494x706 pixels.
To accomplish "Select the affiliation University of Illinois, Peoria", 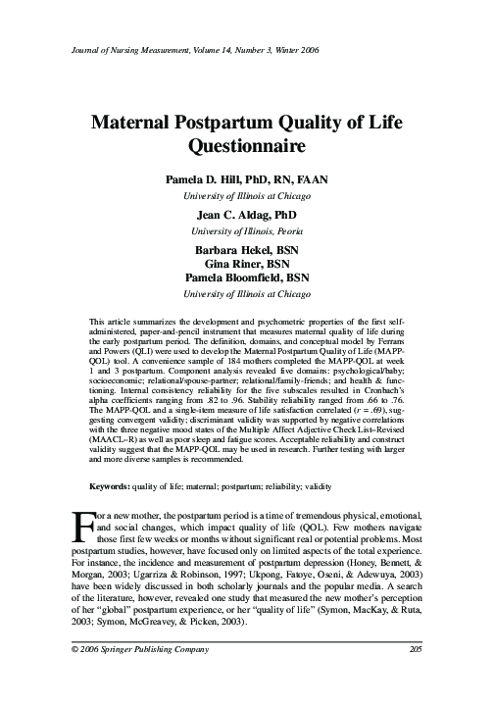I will (246, 230).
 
